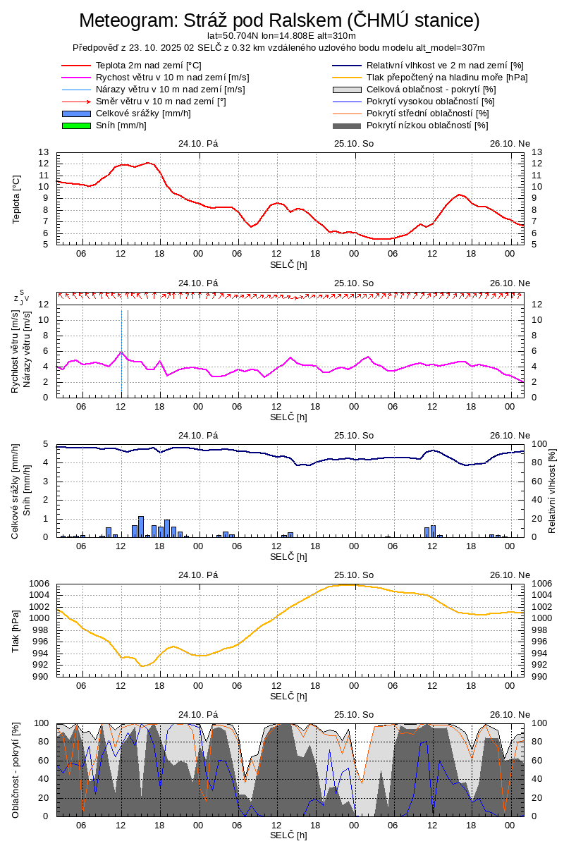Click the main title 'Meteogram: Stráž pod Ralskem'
(x=279, y=20)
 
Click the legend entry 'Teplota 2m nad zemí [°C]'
(x=149, y=65)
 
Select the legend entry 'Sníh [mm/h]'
(x=121, y=125)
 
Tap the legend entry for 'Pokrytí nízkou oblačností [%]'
(x=427, y=125)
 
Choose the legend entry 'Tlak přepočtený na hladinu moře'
(x=447, y=77)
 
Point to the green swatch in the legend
(x=77, y=125)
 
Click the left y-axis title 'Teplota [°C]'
(x=17, y=199)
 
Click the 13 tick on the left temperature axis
(x=44, y=152)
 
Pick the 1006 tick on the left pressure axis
(x=39, y=584)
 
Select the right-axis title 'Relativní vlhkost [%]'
(x=552, y=490)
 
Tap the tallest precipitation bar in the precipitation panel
(x=141, y=526)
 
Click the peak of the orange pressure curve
(x=345, y=585)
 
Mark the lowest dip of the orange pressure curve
(x=142, y=666)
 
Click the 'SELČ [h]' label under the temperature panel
(x=288, y=264)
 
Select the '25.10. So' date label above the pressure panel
(x=354, y=575)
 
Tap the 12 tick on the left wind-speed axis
(x=44, y=305)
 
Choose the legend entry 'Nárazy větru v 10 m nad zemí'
(x=170, y=90)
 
